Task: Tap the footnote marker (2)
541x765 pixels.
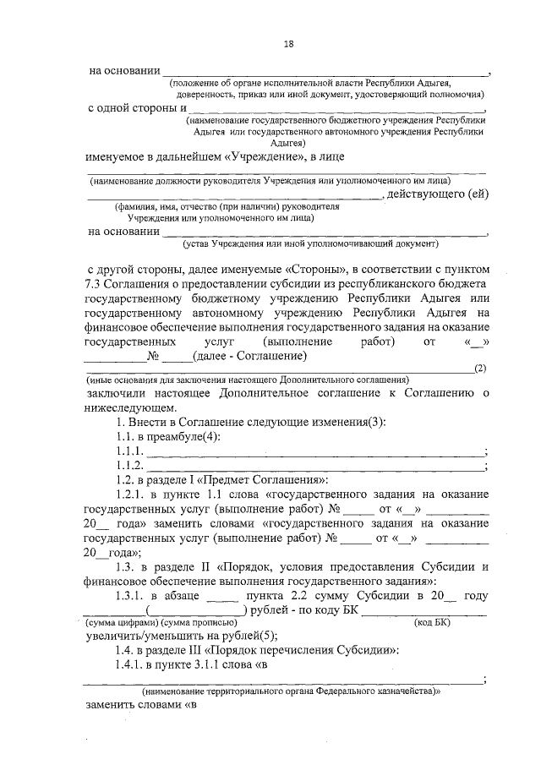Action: (x=480, y=368)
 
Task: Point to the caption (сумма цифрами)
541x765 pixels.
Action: (x=121, y=622)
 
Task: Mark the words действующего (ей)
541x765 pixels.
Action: (x=437, y=194)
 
